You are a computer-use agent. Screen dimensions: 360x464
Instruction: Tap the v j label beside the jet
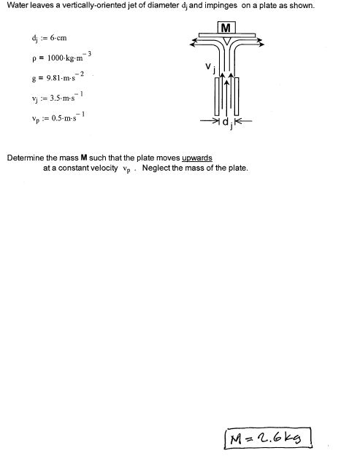click(x=210, y=68)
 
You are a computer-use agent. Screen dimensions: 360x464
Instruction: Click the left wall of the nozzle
click(x=217, y=96)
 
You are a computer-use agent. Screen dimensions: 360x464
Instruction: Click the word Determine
click(x=25, y=157)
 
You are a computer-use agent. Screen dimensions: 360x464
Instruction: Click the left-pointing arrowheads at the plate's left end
click(x=194, y=42)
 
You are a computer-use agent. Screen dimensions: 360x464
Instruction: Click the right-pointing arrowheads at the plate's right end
click(x=259, y=42)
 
